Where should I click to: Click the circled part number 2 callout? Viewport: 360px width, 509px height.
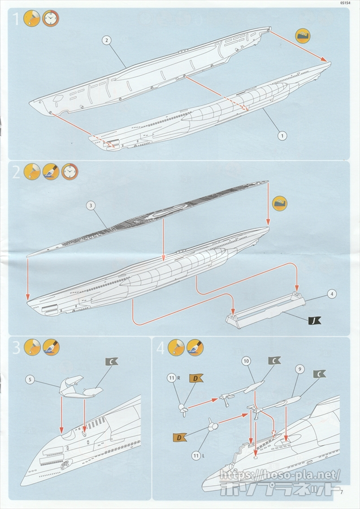[x=106, y=40]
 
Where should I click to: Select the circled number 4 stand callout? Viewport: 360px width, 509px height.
[x=332, y=294]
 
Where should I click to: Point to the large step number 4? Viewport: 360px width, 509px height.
[x=161, y=348]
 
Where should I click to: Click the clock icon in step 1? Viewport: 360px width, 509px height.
[x=51, y=19]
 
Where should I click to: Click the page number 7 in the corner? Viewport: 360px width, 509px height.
[x=342, y=491]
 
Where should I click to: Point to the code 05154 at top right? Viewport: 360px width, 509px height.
[x=347, y=3]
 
